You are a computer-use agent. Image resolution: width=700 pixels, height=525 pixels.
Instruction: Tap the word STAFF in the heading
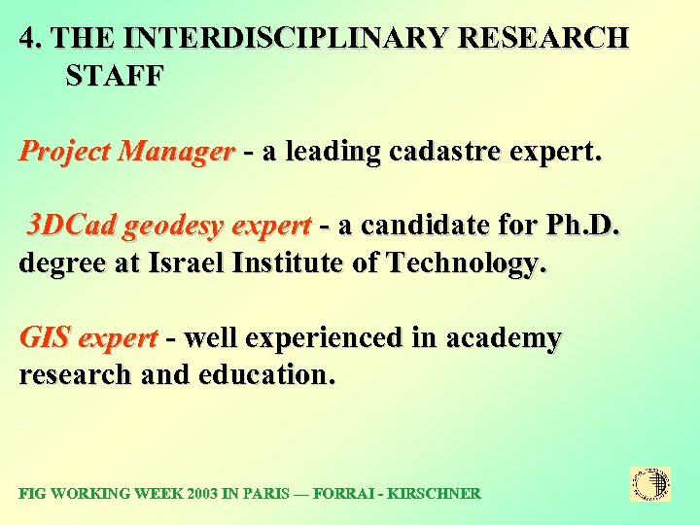click(x=115, y=75)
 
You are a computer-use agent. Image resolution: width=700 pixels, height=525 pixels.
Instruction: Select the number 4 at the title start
click(x=28, y=39)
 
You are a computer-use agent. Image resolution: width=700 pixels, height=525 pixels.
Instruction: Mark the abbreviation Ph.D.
click(x=581, y=227)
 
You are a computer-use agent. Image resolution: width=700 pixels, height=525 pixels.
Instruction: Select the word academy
click(x=504, y=340)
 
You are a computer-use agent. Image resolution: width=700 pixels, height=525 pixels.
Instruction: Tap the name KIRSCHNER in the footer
click(x=433, y=494)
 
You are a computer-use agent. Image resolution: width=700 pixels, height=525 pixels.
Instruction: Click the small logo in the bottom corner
click(x=650, y=484)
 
